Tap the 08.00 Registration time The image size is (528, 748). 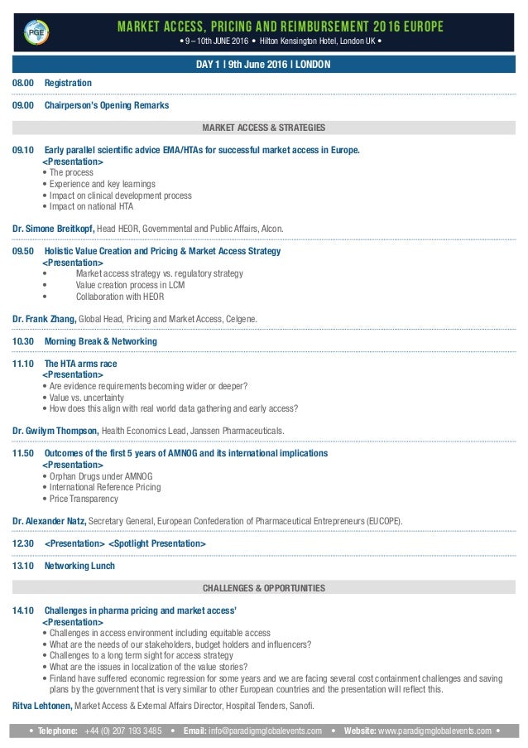point(22,84)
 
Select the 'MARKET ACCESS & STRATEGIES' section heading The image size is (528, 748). point(264,128)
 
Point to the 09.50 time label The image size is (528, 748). point(23,251)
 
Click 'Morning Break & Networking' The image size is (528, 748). point(100,341)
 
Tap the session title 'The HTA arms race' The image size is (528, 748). point(80,364)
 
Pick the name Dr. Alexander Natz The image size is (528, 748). point(50,521)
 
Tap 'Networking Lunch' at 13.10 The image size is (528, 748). point(79,567)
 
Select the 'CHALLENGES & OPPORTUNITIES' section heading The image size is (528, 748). point(264,588)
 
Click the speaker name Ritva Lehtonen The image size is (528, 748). point(43,706)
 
